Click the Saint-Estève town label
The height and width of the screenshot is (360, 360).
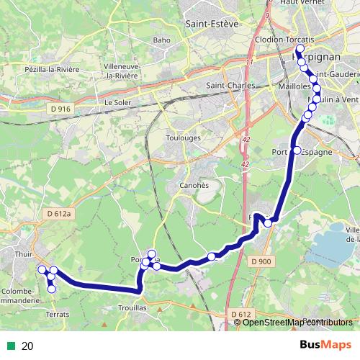[212, 24]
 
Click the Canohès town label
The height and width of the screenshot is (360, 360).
[193, 185]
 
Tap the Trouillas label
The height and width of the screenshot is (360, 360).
[133, 307]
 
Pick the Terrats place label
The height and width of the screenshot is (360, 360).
[56, 315]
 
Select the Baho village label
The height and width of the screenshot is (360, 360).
[161, 40]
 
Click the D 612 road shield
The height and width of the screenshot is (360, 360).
[241, 314]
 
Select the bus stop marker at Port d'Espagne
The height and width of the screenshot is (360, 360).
[297, 150]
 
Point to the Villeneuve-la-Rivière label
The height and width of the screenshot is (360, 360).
[127, 70]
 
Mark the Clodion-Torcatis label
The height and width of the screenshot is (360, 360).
[285, 39]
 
